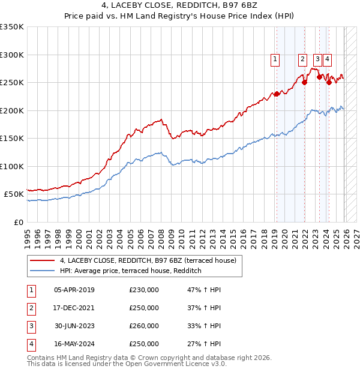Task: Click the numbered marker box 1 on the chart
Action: [275, 59]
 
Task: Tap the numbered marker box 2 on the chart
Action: [303, 59]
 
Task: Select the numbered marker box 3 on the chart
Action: [317, 59]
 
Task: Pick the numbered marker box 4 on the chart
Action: [327, 59]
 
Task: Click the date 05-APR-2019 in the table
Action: [74, 290]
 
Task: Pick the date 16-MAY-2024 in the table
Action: [74, 344]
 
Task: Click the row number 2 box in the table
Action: [30, 308]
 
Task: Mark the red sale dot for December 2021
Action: [304, 83]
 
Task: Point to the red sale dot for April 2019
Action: [277, 94]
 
